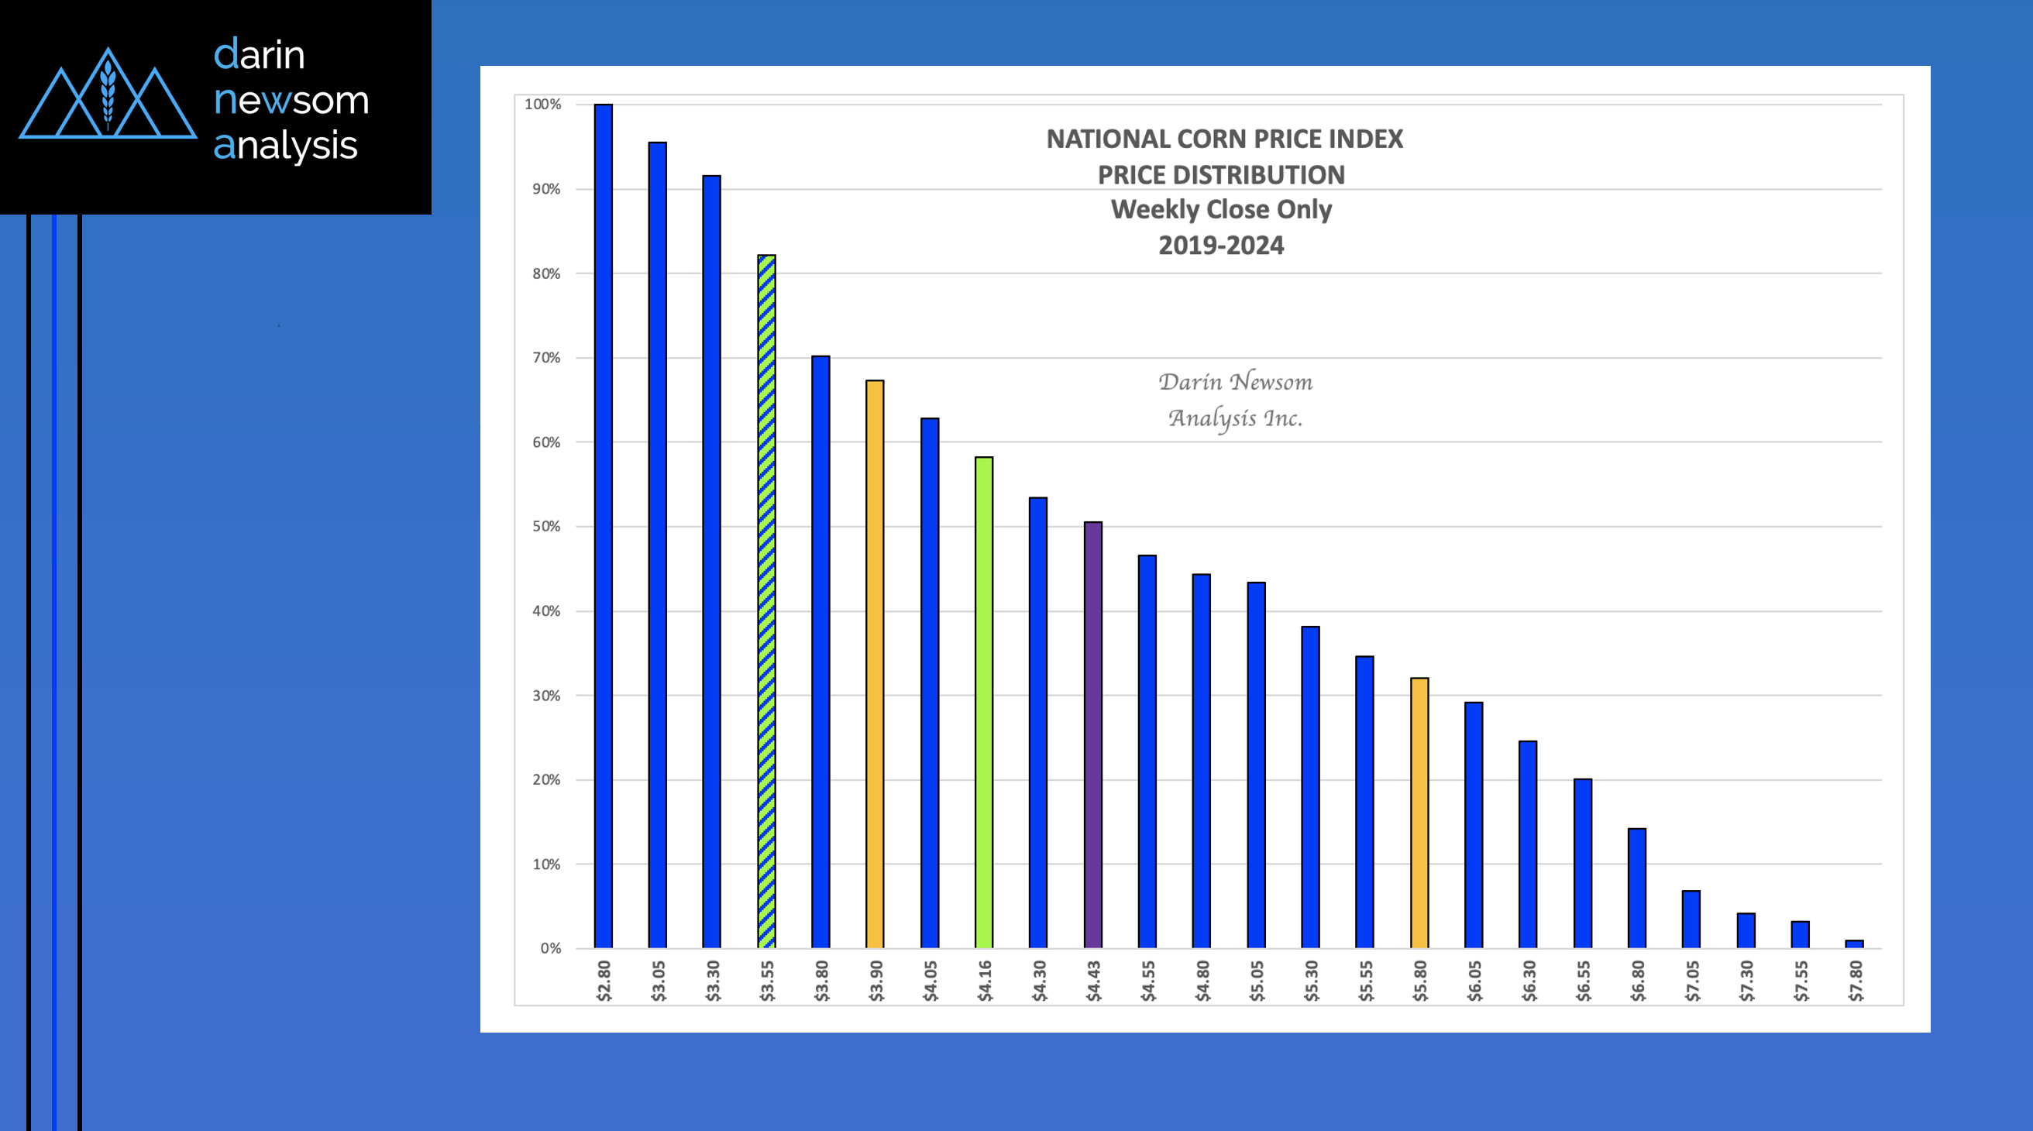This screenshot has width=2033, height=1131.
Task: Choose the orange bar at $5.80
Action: coord(1419,813)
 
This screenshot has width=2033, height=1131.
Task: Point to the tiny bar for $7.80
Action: coord(1854,944)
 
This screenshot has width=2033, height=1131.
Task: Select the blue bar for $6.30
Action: coord(1528,844)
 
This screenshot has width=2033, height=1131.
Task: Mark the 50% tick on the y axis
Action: coord(546,527)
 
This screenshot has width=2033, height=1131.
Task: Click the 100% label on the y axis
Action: coord(543,104)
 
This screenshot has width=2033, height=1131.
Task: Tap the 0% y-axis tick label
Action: coord(550,948)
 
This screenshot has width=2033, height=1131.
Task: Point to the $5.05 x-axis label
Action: coord(1257,981)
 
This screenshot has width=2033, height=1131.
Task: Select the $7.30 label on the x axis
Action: coord(1746,981)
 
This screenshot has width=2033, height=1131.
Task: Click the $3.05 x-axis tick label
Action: coord(659,981)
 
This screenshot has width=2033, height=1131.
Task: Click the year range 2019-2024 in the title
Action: coord(1221,246)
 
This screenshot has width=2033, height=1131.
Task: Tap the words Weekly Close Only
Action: coord(1221,209)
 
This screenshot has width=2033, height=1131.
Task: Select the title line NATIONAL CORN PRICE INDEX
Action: coord(1224,139)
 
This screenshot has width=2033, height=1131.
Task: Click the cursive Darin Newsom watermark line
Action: coord(1235,382)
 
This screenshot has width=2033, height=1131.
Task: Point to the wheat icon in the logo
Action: coord(108,95)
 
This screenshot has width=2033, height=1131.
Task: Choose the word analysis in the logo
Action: coord(286,146)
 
